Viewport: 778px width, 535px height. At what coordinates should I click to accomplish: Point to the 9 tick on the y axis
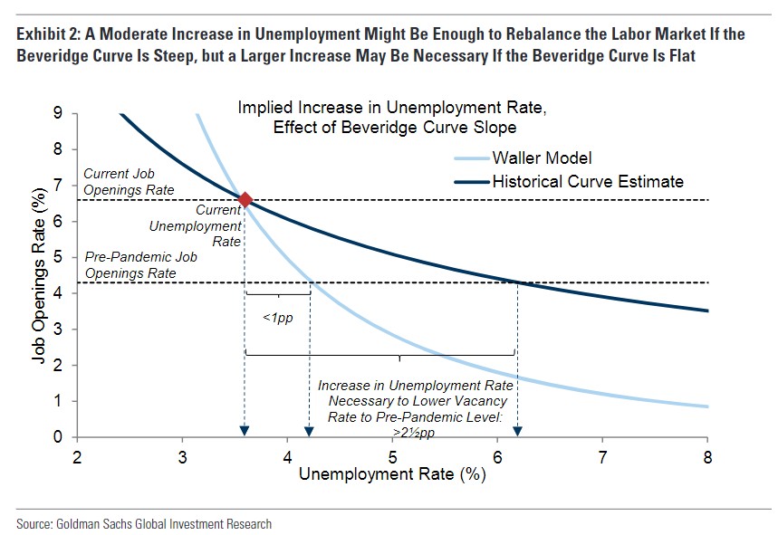tap(59, 113)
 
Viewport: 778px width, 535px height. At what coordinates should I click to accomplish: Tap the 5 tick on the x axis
tap(392, 455)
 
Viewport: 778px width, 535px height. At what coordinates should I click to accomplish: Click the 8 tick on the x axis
tap(706, 455)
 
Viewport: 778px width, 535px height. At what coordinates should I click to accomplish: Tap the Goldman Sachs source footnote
tap(143, 523)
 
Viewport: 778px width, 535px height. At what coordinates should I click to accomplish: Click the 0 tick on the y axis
tap(59, 437)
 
